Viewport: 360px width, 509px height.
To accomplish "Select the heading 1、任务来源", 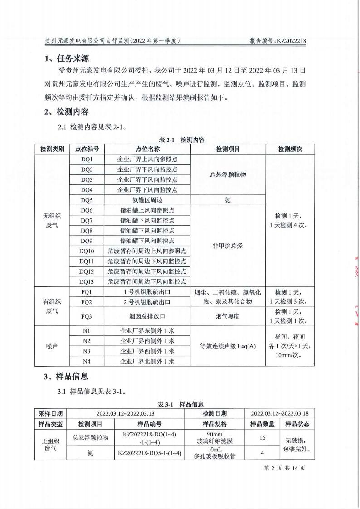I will click(x=67, y=58).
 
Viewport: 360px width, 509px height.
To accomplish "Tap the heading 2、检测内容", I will click(x=67, y=112).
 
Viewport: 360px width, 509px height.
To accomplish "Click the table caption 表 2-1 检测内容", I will click(x=180, y=140).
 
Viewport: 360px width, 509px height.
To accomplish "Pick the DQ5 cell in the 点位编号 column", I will click(x=87, y=199).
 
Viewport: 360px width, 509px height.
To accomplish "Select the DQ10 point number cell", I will click(x=87, y=251).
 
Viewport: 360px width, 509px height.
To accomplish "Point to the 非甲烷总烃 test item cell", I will click(x=228, y=246).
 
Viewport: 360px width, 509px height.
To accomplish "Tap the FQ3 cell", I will click(x=87, y=316).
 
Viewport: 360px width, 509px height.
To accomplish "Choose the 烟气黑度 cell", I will click(x=228, y=316).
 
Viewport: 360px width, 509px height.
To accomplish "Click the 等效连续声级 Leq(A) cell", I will click(x=228, y=346).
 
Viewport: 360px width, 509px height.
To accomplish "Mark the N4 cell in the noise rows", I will click(x=87, y=361).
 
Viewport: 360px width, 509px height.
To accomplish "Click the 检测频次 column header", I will click(x=290, y=149).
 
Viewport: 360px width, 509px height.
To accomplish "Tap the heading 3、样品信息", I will click(x=67, y=376).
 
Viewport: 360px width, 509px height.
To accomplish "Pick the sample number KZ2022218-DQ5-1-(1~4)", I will click(x=150, y=453).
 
